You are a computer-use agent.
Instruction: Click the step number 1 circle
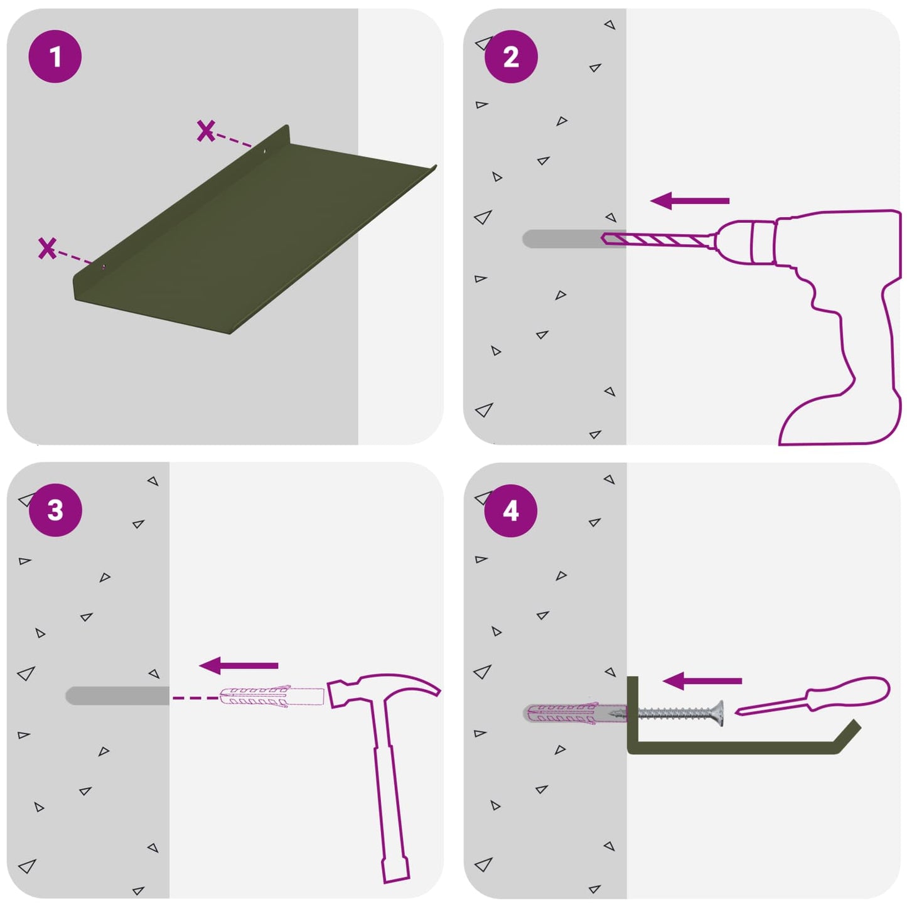click(55, 56)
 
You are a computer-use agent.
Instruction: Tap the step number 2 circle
click(511, 57)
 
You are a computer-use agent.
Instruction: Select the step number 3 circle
click(55, 510)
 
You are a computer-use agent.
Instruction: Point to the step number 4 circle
click(511, 511)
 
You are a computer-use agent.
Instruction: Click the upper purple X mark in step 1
click(206, 131)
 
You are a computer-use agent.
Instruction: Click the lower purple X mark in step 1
click(47, 248)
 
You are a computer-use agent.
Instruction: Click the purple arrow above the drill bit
click(690, 201)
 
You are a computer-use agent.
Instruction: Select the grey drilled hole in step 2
click(574, 239)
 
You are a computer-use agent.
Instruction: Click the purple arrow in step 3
click(239, 665)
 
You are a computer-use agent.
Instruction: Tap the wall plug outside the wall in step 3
click(272, 697)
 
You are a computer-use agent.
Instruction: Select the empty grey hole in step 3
click(117, 695)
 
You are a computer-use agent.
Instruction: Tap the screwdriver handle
click(848, 691)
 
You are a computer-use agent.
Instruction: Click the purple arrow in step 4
click(702, 680)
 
